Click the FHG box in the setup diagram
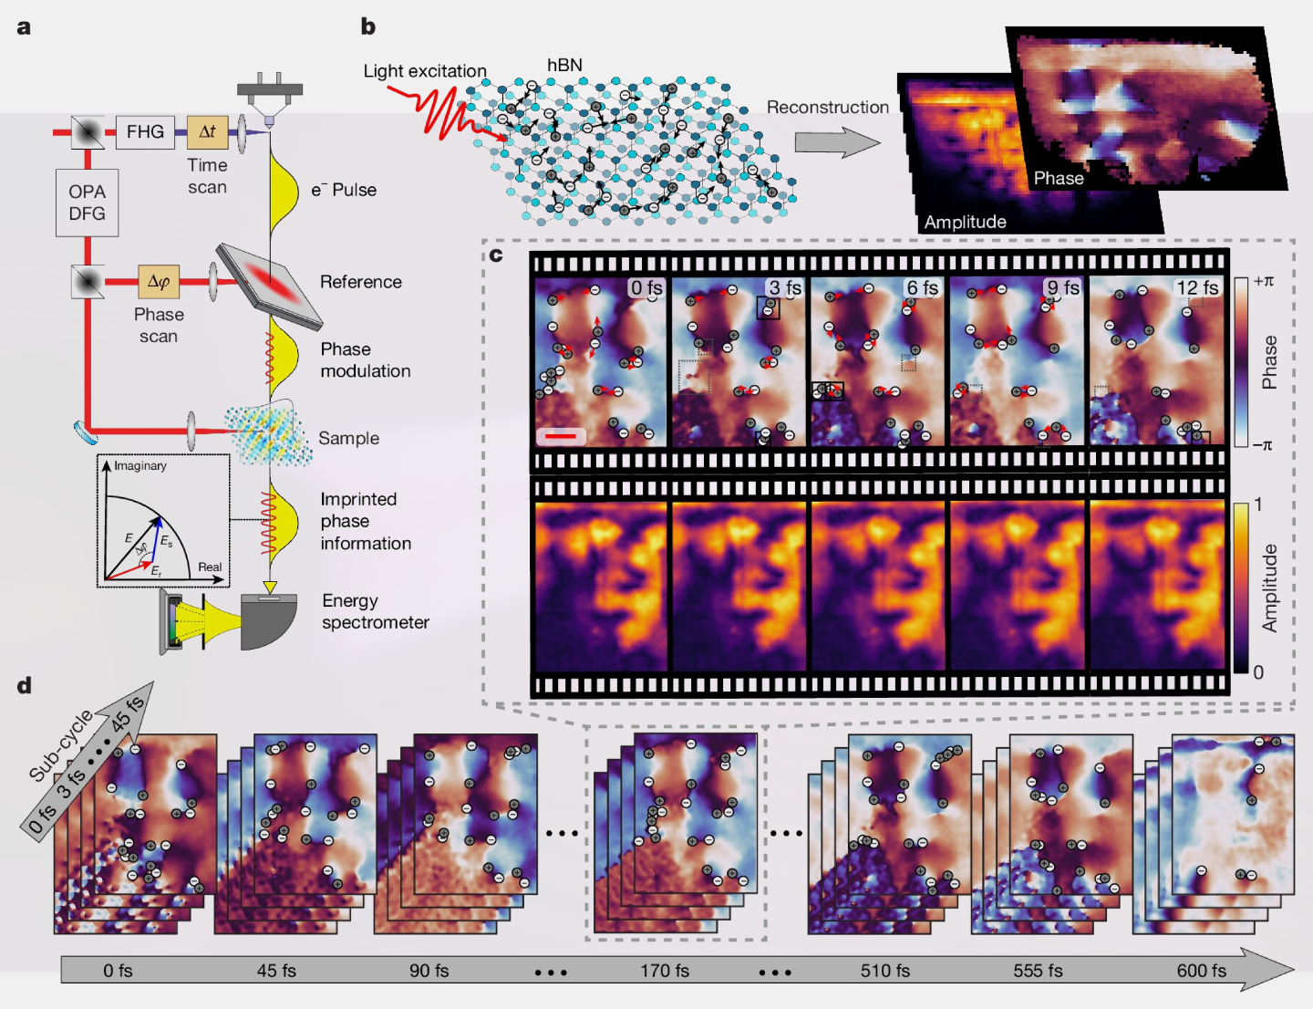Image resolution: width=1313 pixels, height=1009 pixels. coord(145,131)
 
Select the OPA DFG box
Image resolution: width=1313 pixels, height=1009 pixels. coord(87,203)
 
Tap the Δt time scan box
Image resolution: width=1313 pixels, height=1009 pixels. coord(207,131)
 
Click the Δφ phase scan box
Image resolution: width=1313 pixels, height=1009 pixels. coord(159,282)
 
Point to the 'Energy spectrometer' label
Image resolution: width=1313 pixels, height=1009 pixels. coord(376,611)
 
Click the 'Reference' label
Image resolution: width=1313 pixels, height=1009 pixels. coord(361,282)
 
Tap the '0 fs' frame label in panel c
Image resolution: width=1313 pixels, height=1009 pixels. coord(646,287)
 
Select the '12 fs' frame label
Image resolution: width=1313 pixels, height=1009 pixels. coord(1197,287)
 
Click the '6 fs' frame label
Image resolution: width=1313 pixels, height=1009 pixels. coord(923,287)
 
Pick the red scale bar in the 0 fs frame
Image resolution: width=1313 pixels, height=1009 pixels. coord(561,436)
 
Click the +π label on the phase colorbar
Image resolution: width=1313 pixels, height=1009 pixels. coord(1263,281)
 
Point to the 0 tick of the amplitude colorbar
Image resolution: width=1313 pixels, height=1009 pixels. coord(1258,671)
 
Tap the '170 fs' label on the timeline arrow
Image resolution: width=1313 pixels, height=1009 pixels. coord(665,971)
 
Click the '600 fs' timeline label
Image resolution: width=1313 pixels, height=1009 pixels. coord(1201,971)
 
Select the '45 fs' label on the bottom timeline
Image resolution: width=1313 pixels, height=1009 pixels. coord(276,971)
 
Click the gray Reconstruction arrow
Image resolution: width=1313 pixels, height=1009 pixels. coord(837,142)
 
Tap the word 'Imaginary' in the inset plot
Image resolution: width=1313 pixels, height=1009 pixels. coord(140,465)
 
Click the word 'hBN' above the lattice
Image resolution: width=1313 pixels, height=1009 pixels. coord(564,65)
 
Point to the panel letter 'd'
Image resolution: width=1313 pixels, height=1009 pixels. coord(25,685)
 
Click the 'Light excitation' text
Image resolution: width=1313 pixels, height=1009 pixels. coord(425,71)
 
